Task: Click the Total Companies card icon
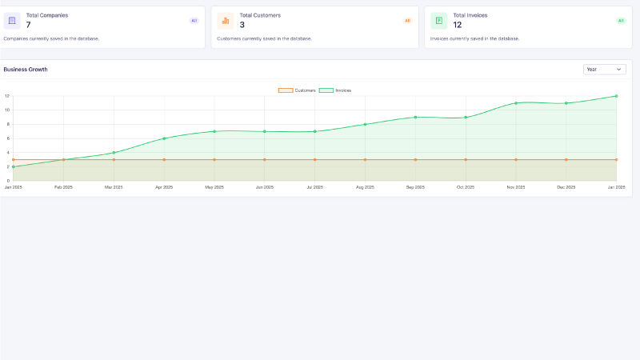point(12,20)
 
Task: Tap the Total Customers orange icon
point(225,20)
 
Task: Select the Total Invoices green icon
point(438,20)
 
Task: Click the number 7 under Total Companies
point(29,25)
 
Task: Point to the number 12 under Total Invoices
point(458,25)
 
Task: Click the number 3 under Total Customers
point(242,25)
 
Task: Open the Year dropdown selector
point(604,70)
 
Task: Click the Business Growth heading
point(26,70)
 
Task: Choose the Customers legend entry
point(297,90)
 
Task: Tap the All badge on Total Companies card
point(194,21)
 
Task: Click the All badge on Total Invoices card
point(621,21)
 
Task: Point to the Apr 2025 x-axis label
point(164,187)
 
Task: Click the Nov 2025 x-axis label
point(516,187)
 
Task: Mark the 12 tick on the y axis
point(7,96)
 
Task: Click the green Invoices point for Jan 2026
point(616,96)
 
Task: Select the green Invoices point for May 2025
point(214,131)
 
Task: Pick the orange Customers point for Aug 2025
point(365,159)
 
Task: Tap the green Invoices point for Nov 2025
point(516,103)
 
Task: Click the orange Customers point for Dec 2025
point(566,159)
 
